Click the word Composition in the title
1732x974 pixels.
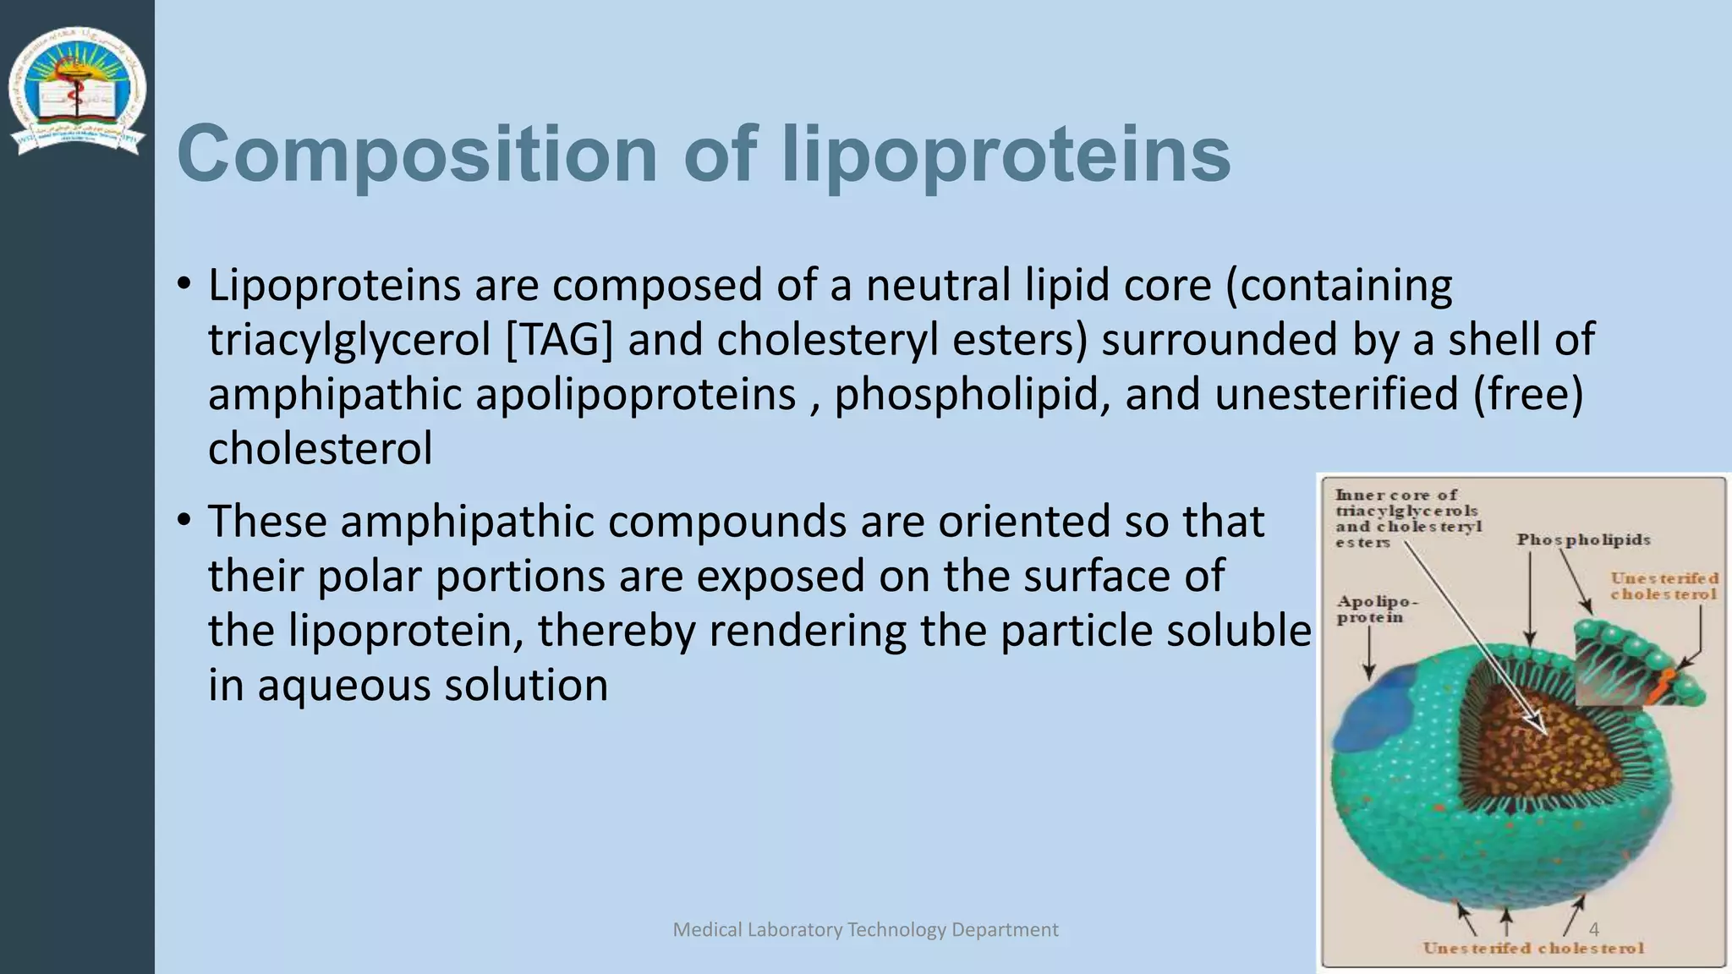[417, 155]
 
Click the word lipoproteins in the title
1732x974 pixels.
[1006, 155]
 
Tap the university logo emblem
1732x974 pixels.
[77, 91]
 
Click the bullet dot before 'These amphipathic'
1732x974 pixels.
[184, 521]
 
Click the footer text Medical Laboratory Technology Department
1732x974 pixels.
[865, 930]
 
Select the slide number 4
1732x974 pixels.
[1593, 930]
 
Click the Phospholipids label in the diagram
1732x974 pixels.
[1583, 539]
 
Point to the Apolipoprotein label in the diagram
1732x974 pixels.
[1377, 610]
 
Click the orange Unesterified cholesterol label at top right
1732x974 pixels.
[1663, 586]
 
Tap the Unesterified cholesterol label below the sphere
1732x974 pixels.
[1533, 949]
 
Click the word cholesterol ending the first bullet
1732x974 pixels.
[320, 449]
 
